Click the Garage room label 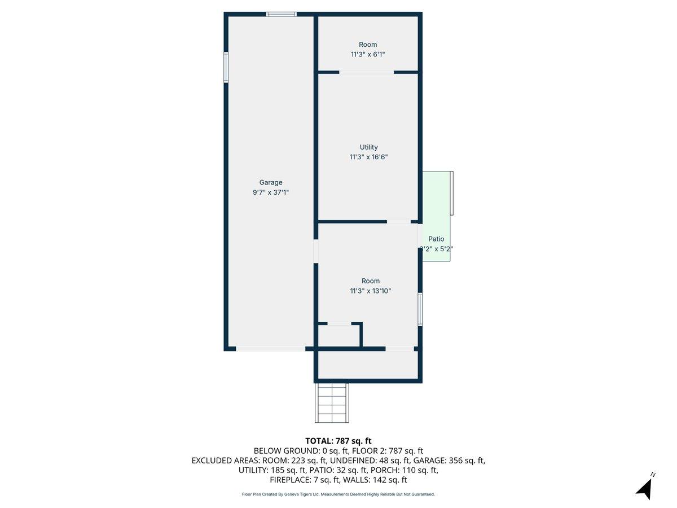pyautogui.click(x=271, y=182)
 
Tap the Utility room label pyautogui.click(x=368, y=147)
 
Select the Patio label pyautogui.click(x=436, y=239)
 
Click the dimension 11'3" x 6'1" pyautogui.click(x=368, y=55)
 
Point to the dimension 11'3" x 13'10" pyautogui.click(x=370, y=291)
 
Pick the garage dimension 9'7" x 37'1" pyautogui.click(x=271, y=192)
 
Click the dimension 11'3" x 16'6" pyautogui.click(x=368, y=157)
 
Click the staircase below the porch pyautogui.click(x=332, y=402)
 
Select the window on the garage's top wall pyautogui.click(x=281, y=14)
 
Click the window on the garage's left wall pyautogui.click(x=226, y=67)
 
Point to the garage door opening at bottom pyautogui.click(x=270, y=349)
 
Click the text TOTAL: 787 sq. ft pyautogui.click(x=338, y=441)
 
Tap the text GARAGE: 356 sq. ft pyautogui.click(x=449, y=461)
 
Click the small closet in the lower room pyautogui.click(x=339, y=336)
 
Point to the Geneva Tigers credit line pyautogui.click(x=338, y=494)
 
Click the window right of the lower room pyautogui.click(x=420, y=309)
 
